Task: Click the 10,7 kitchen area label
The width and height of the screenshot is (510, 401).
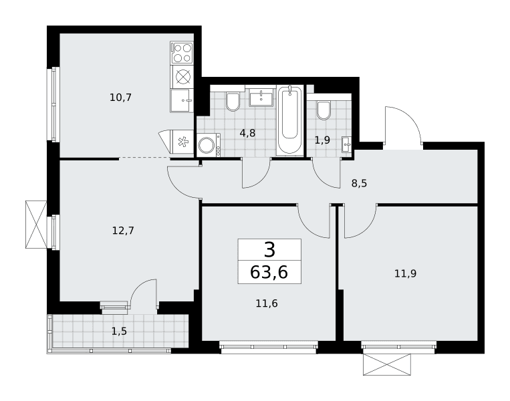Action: [121, 97]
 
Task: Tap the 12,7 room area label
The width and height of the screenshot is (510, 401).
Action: [123, 231]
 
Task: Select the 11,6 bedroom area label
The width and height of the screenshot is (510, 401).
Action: [267, 303]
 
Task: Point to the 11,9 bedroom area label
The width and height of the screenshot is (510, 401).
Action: [405, 273]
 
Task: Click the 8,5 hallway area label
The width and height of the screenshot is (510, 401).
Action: [359, 183]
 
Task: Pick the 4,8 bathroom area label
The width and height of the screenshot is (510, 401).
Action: [247, 133]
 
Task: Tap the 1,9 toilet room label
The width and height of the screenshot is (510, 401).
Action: [322, 140]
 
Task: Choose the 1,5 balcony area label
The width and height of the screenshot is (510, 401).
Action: [119, 331]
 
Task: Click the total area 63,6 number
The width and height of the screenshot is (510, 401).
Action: [269, 272]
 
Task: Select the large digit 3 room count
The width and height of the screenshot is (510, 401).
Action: [269, 250]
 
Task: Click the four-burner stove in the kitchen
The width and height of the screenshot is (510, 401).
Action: [182, 53]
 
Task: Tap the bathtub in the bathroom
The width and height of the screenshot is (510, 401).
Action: [290, 120]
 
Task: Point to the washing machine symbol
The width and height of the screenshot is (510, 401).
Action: [208, 145]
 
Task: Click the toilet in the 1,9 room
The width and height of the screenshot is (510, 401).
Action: [324, 110]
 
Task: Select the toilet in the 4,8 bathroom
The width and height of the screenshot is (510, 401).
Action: [233, 102]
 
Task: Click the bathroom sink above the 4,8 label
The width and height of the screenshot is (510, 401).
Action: [261, 98]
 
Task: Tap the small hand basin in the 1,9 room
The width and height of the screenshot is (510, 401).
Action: [346, 145]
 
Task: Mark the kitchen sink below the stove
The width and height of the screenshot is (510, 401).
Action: [182, 100]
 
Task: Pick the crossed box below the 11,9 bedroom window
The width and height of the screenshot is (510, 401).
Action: [387, 364]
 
